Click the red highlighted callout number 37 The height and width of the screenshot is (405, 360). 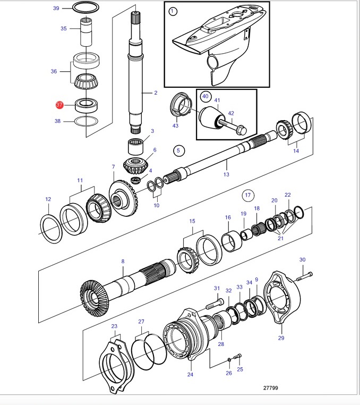tap(59, 105)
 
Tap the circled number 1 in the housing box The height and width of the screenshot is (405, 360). tap(173, 11)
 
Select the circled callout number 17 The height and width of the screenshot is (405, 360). tap(248, 195)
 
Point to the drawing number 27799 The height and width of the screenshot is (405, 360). tap(270, 387)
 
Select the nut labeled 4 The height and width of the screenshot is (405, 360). tap(135, 180)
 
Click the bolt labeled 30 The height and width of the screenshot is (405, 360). tap(305, 276)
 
